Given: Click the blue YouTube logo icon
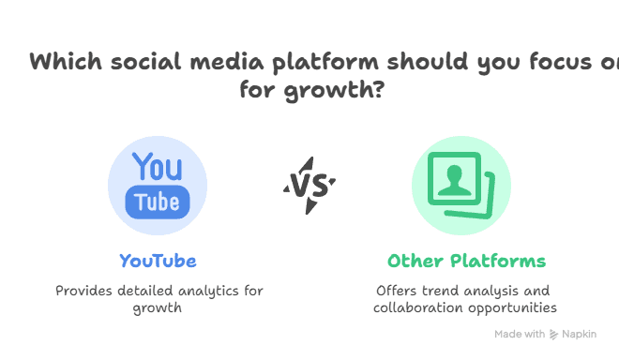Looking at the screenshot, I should [158, 186].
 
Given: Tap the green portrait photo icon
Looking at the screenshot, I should [460, 186].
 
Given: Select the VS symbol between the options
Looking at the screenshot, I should [309, 185].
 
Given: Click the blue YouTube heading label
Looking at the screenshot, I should [158, 261].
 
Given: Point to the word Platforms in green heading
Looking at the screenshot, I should [496, 261].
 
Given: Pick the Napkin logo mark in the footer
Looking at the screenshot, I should [554, 335].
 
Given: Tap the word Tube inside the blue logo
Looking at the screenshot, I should [158, 202].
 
